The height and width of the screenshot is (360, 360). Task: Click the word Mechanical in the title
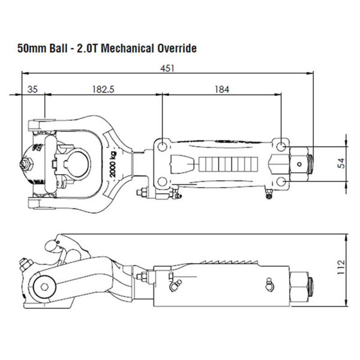(x=122, y=48)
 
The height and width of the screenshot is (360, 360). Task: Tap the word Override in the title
(x=175, y=48)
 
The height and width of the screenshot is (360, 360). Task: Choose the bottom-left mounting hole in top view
(x=162, y=181)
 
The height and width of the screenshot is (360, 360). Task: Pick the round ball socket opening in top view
(x=79, y=163)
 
